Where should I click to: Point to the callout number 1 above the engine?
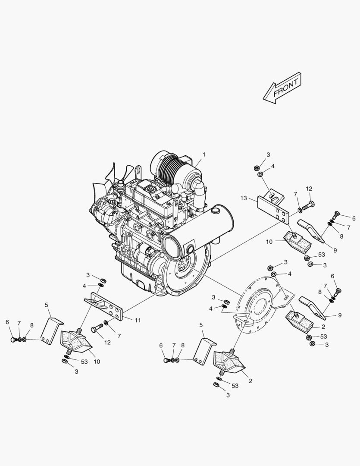[x=204, y=154]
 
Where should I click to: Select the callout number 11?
[x=138, y=320]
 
